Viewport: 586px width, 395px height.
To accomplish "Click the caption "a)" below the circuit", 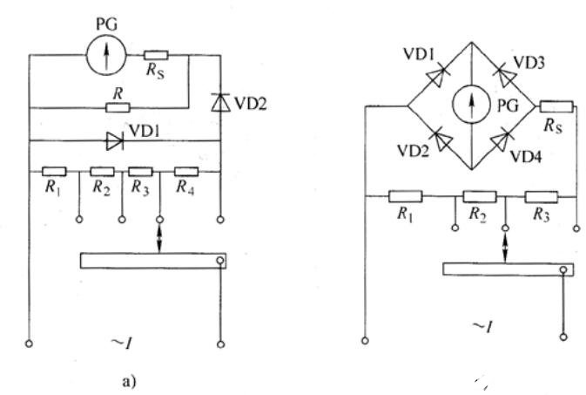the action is tap(130, 381).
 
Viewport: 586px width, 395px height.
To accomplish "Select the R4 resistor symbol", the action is tap(186, 172).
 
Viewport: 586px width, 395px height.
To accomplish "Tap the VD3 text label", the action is tap(529, 62).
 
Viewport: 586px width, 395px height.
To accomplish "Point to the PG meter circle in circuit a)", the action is tap(106, 55).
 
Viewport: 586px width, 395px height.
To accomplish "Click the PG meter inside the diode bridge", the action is tap(472, 105).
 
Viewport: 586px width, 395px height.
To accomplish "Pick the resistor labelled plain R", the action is tap(118, 108).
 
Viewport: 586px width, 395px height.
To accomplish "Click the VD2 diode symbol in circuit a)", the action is tap(220, 102).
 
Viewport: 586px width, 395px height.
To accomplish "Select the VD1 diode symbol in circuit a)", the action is tap(114, 141).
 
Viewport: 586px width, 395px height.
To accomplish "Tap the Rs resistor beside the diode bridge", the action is tap(556, 106).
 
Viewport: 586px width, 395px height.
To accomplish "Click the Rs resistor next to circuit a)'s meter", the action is tap(156, 56).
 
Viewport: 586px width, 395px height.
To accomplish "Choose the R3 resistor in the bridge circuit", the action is tap(541, 196).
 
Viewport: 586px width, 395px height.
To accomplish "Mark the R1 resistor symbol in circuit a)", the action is tap(54, 172).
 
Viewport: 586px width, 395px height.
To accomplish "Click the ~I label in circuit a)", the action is tap(122, 342).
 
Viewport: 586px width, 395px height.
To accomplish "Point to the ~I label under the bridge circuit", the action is tap(482, 326).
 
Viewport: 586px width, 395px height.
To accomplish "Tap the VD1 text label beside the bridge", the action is tap(419, 55).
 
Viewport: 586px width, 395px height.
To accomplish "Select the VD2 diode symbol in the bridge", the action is tap(442, 140).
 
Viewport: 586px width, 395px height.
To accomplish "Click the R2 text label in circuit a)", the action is tap(101, 187).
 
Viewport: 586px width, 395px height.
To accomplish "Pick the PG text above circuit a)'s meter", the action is tap(106, 24).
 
